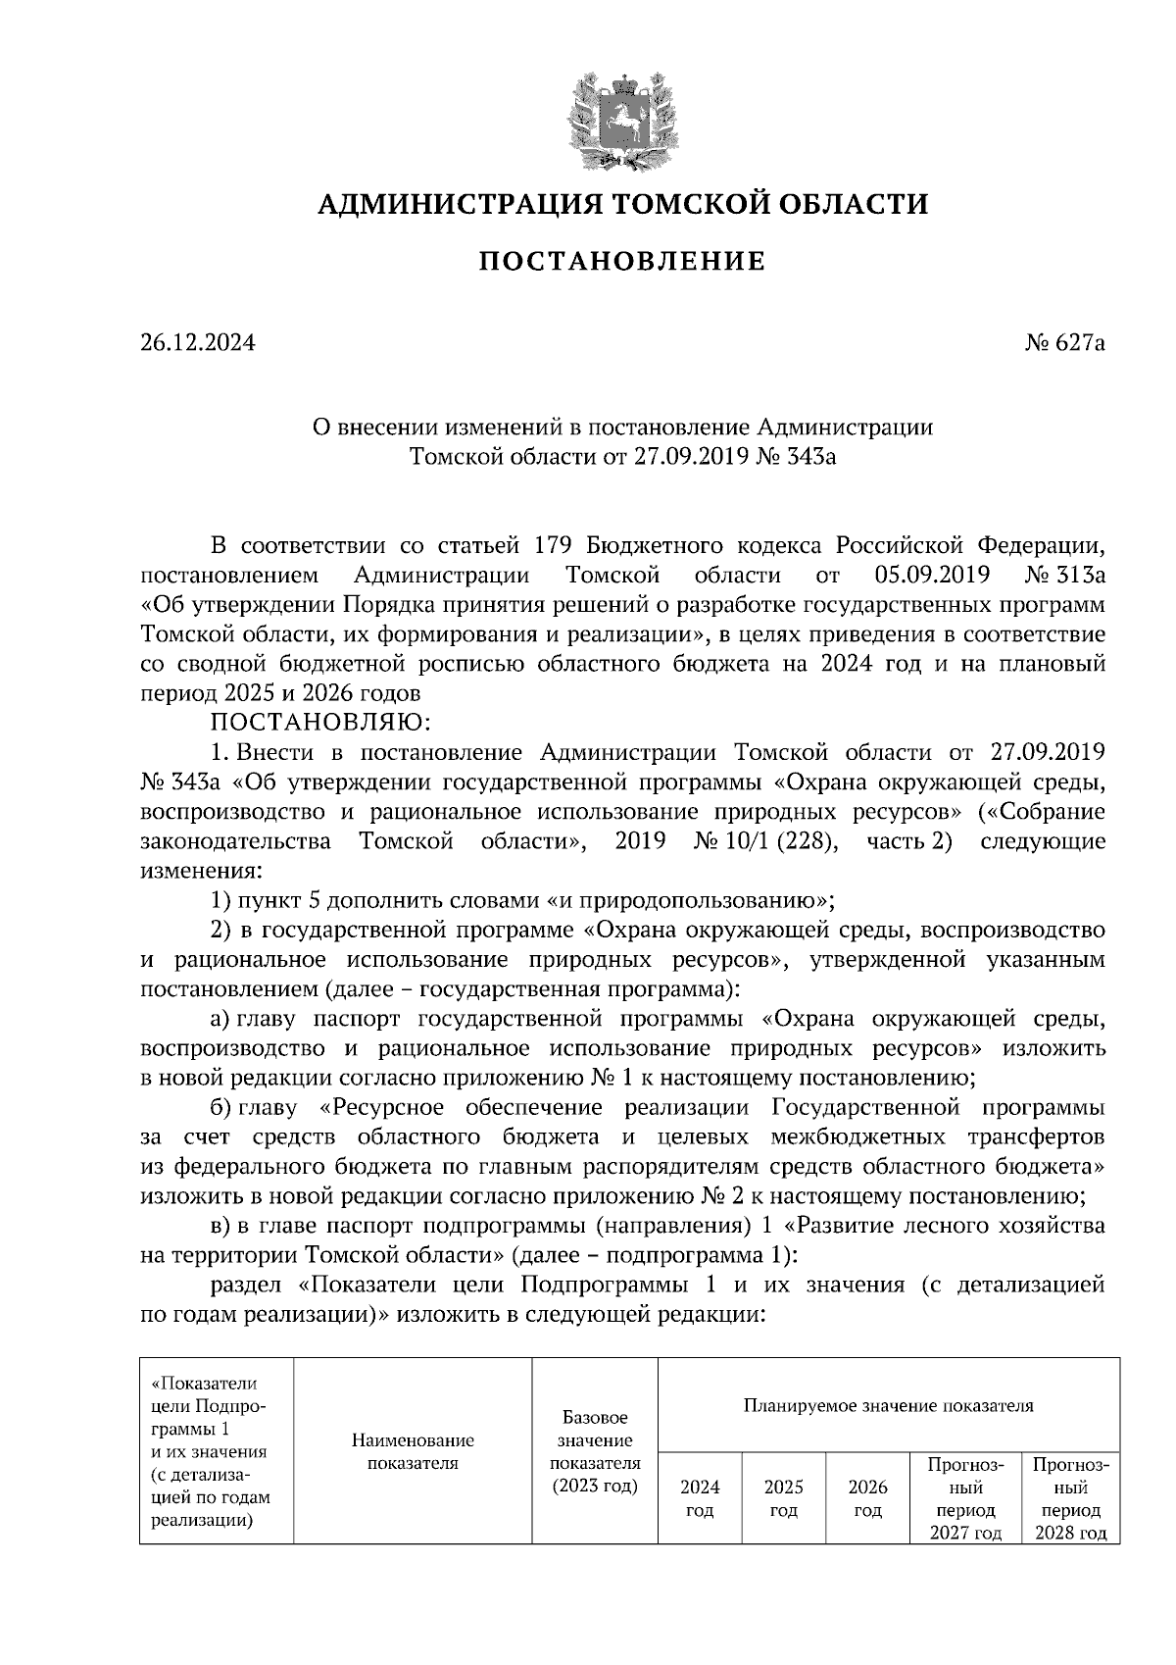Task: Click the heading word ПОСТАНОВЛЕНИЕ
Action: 621,262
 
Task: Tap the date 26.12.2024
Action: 197,344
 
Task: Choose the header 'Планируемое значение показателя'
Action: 888,1405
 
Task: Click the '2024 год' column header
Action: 699,1498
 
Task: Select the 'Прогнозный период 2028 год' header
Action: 1070,1498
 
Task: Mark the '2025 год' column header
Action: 783,1498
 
